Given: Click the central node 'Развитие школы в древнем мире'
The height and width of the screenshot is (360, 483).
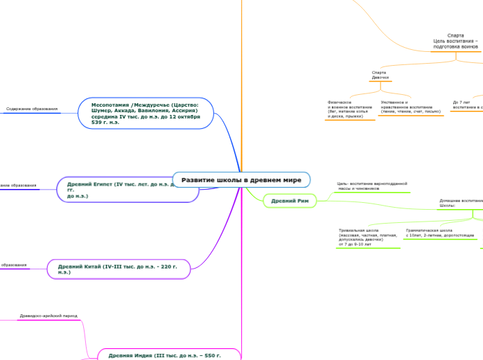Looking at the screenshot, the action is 241,180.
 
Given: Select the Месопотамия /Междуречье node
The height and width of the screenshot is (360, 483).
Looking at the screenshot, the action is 146,113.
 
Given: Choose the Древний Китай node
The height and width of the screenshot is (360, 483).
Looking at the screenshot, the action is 118,269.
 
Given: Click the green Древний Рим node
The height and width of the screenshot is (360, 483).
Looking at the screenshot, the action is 290,201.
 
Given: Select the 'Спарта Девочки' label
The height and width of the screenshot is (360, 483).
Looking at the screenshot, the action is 380,75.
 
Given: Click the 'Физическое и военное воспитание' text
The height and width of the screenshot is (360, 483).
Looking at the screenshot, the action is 349,109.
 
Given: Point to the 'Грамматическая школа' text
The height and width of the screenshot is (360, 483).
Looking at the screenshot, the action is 439,233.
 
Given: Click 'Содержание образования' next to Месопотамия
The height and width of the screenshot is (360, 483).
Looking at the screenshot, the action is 31,109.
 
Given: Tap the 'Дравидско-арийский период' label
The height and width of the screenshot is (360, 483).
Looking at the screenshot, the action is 49,316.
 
